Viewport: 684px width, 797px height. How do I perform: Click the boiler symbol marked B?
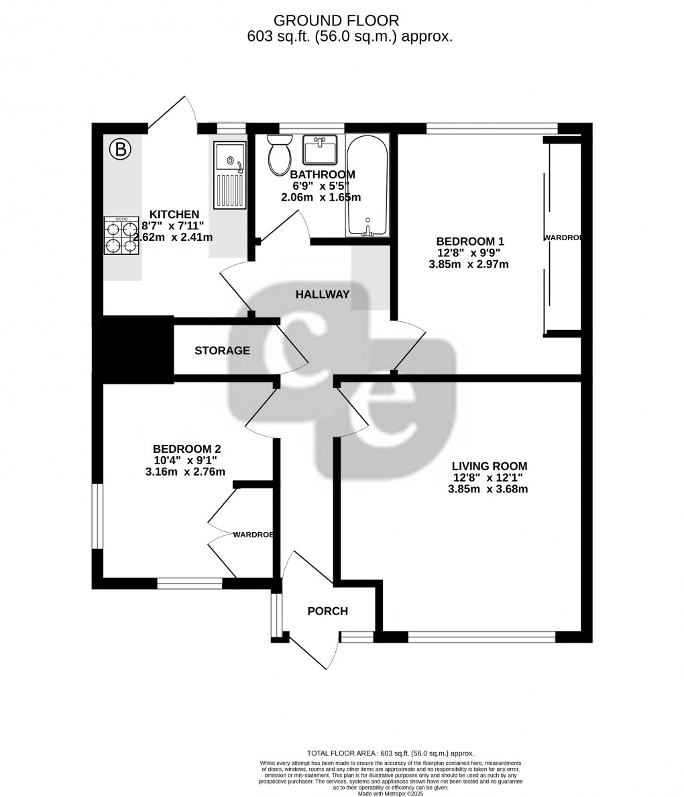(x=121, y=149)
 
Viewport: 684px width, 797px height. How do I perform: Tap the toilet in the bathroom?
(x=279, y=154)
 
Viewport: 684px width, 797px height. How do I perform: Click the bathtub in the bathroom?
(x=367, y=184)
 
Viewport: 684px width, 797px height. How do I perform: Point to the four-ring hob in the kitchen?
(x=121, y=235)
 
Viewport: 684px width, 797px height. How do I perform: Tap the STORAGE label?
(x=222, y=351)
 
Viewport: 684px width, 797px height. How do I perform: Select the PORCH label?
(x=327, y=611)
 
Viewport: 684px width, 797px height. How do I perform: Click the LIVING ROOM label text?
(x=489, y=466)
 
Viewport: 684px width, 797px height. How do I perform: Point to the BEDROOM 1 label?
(x=469, y=242)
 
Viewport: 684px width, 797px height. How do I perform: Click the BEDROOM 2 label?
(x=186, y=449)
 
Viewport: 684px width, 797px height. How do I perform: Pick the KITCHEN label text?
(x=174, y=215)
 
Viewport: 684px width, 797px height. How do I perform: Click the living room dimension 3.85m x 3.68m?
(x=488, y=489)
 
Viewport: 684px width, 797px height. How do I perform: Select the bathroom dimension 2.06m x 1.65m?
(x=321, y=197)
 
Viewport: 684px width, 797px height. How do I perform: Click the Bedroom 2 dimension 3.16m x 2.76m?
(x=185, y=472)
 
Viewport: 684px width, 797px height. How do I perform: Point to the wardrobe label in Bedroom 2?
(x=253, y=535)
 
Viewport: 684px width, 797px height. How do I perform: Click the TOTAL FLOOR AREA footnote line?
(x=390, y=753)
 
